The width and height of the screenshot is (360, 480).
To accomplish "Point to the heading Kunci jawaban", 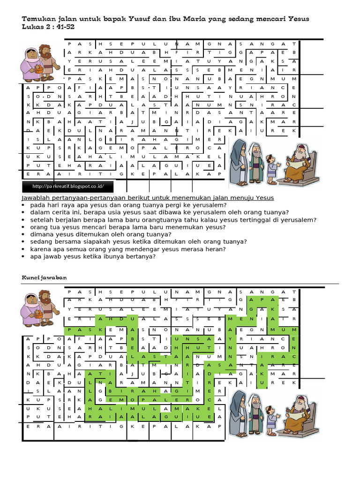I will pos(45,277).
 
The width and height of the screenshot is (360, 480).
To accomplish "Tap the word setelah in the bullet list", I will pos(43,219).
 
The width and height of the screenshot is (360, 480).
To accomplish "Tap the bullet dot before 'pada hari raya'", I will pos(24,205).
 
